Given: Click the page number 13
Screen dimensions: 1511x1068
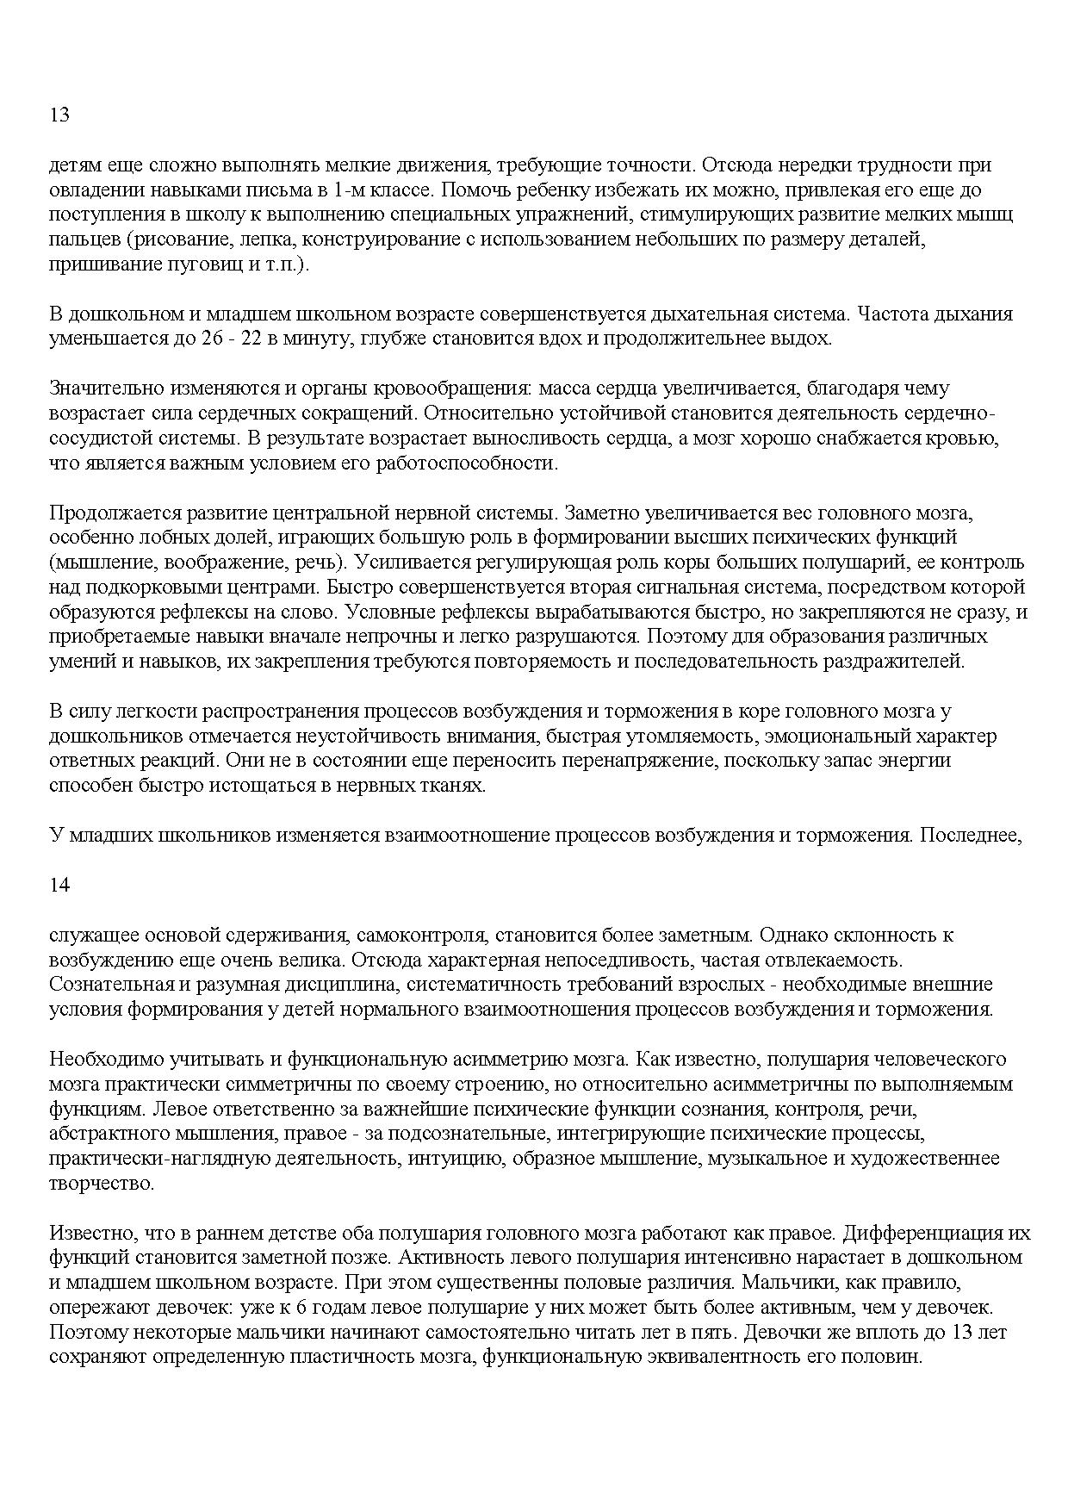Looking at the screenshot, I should pyautogui.click(x=59, y=115).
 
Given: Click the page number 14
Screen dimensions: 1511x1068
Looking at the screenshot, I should pyautogui.click(x=59, y=885).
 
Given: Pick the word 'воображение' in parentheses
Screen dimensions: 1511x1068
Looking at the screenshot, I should pyautogui.click(x=180, y=563).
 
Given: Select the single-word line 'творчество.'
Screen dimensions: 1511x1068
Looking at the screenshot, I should pyautogui.click(x=102, y=1183).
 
